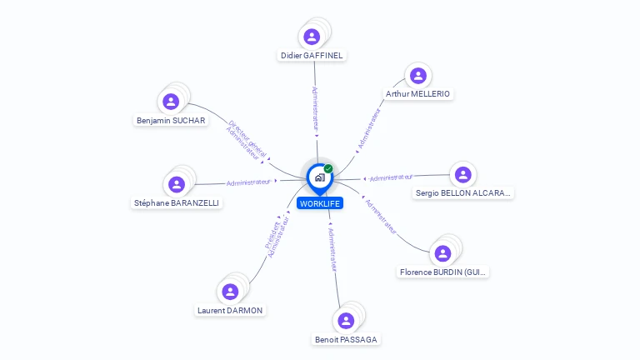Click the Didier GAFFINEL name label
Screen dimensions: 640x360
tap(312, 55)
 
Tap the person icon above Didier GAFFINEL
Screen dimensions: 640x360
tap(312, 37)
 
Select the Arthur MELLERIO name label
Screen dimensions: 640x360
tap(418, 94)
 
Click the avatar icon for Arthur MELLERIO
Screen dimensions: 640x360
tap(417, 76)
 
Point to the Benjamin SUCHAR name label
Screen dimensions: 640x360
tap(171, 120)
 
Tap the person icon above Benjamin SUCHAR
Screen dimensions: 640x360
tap(171, 102)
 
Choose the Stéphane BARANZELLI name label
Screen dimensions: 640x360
tap(177, 202)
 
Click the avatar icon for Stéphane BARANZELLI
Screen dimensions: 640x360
tap(176, 184)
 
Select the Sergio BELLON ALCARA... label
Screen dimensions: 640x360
tap(463, 193)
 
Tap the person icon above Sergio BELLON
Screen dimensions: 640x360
tap(462, 175)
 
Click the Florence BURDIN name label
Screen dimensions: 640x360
tap(442, 272)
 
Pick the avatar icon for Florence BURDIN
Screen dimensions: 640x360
tap(442, 253)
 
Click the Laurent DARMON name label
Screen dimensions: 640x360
tap(230, 310)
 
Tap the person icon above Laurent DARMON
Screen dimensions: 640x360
tap(230, 292)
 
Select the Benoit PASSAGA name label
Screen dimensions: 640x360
tap(346, 339)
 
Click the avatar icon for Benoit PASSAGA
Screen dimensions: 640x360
tap(346, 321)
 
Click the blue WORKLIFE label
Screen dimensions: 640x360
tap(321, 203)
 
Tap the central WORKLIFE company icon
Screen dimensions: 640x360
tap(319, 177)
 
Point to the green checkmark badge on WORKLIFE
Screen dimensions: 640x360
tap(328, 169)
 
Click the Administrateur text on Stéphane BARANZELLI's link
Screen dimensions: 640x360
tap(248, 182)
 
